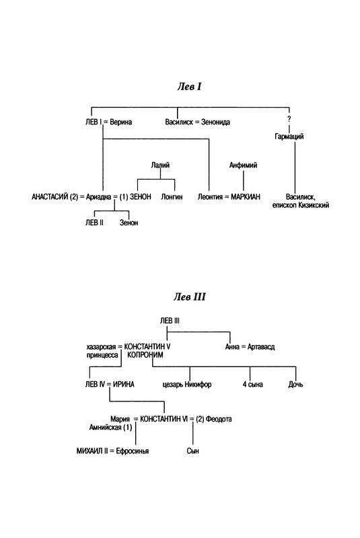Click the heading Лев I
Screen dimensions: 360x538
tap(190, 87)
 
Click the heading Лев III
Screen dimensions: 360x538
tap(190, 297)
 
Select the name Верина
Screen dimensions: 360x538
tap(121, 122)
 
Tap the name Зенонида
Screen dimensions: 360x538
tap(215, 122)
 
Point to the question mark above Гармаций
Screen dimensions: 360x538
tap(289, 119)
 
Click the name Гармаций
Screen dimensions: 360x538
tap(289, 137)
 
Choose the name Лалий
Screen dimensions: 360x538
tap(160, 165)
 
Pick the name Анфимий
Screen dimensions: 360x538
tap(244, 165)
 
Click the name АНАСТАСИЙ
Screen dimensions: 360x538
tap(50, 197)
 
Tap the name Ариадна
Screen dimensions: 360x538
tap(98, 197)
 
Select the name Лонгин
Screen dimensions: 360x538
tap(172, 197)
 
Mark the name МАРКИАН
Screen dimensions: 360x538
tap(246, 197)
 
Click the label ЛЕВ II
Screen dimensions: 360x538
tap(94, 223)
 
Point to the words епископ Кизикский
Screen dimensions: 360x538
tap(301, 205)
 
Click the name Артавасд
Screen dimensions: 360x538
tap(261, 347)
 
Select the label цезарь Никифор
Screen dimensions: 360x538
tap(186, 385)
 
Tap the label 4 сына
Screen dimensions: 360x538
tap(253, 385)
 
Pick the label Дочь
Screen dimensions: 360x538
tap(295, 385)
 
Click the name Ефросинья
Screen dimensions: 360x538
tap(133, 451)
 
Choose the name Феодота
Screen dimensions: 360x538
tap(219, 419)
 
